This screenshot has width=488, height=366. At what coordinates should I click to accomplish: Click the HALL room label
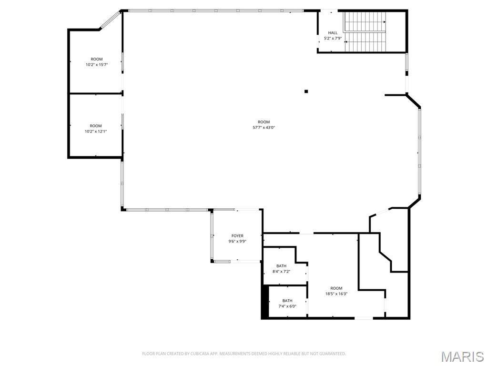[x=333, y=33]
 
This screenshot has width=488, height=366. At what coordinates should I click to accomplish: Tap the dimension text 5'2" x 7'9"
[x=333, y=38]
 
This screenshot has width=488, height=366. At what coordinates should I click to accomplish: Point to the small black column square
[x=306, y=91]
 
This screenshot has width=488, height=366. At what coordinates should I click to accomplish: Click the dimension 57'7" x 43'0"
[x=264, y=127]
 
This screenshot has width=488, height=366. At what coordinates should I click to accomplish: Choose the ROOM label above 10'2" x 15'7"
[x=96, y=59]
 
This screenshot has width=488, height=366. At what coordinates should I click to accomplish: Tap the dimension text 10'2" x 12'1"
[x=96, y=132]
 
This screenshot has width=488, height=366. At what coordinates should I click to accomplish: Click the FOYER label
[x=237, y=236]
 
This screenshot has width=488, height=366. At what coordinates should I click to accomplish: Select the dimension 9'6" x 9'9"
[x=237, y=241]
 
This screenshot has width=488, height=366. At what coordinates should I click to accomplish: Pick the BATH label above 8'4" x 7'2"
[x=281, y=266]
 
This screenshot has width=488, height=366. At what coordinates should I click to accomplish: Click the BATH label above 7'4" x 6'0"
[x=287, y=301]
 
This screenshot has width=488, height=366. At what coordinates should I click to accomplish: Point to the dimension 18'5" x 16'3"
[x=336, y=294]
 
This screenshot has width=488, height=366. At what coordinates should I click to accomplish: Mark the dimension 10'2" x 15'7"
[x=97, y=65]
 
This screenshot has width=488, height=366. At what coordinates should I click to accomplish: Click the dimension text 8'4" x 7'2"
[x=281, y=271]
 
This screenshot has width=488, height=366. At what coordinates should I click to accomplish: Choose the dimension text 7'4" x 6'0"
[x=287, y=306]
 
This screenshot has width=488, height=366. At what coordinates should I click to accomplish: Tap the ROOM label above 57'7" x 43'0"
[x=264, y=122]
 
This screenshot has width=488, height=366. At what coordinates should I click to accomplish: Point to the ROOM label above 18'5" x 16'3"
[x=336, y=288]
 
